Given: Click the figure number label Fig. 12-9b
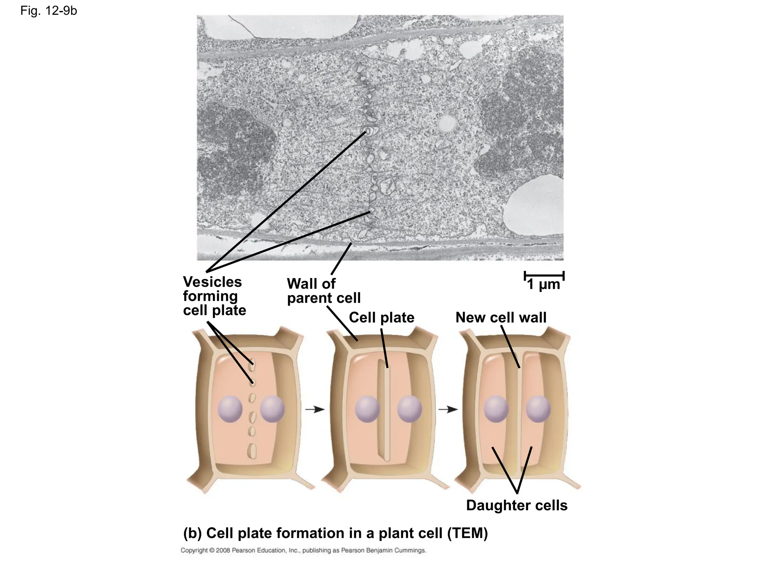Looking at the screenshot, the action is tap(49, 11).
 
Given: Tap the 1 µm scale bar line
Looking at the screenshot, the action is tap(544, 276).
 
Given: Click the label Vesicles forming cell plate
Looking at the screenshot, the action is tap(214, 296).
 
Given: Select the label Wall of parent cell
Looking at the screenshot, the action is tap(324, 291).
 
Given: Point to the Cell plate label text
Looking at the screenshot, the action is tap(382, 318).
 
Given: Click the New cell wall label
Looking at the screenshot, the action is tap(501, 318).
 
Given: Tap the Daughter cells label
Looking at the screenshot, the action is tap(517, 505).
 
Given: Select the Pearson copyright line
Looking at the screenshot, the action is tap(303, 550).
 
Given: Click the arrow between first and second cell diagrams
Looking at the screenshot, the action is tap(315, 409).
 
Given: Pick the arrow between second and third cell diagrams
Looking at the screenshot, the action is tap(448, 409).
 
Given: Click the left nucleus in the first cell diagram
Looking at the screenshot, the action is tap(230, 409).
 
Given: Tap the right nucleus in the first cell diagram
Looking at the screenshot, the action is tap(272, 409).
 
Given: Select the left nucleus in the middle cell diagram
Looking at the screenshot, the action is tap(367, 409).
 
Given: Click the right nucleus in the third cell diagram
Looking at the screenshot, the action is tap(538, 409).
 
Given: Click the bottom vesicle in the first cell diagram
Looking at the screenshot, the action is tap(252, 451).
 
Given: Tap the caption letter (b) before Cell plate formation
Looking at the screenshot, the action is tap(192, 533).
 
